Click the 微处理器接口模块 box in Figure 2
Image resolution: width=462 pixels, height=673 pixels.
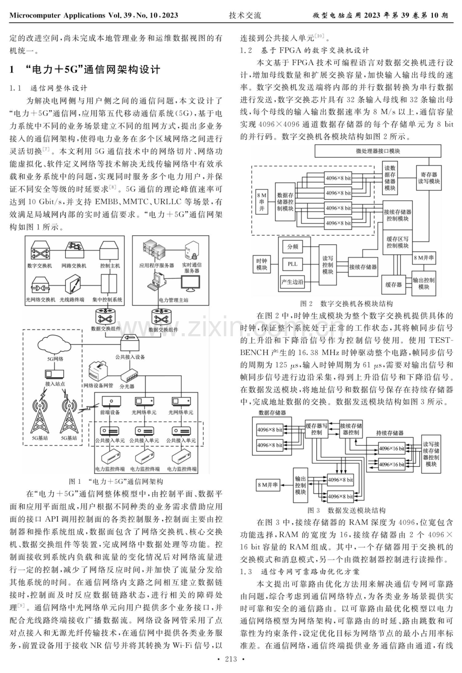click(378, 151)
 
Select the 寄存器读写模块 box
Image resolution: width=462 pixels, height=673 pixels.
click(429, 178)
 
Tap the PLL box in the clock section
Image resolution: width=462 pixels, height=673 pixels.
click(292, 264)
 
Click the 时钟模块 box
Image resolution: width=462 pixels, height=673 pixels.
click(262, 264)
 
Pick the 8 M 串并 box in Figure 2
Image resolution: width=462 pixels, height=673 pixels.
click(262, 201)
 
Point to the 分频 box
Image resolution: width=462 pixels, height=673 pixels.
click(292, 247)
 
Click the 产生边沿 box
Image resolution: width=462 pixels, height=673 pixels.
click(292, 282)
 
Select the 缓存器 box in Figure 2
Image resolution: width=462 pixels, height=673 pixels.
click(394, 284)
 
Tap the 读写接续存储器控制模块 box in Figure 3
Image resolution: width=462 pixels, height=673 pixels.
click(431, 454)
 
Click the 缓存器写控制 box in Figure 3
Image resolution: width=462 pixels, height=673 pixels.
click(316, 429)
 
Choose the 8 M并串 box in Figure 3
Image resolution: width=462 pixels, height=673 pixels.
click(268, 485)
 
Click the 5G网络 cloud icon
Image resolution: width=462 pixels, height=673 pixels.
click(54, 343)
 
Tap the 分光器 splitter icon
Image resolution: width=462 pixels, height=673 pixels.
click(130, 375)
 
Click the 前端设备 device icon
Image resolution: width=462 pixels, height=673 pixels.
click(111, 401)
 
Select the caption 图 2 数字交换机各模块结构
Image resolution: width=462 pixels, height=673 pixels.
click(346, 304)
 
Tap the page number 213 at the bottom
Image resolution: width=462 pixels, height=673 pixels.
click(231, 665)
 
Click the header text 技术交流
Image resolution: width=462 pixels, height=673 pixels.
click(245, 16)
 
